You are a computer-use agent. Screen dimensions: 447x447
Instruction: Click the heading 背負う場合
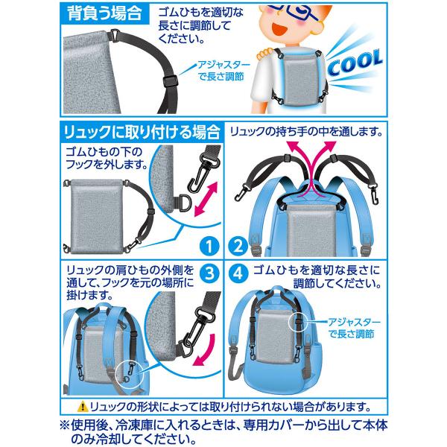tap(104, 13)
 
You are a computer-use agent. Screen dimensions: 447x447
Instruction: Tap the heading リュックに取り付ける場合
tap(142, 132)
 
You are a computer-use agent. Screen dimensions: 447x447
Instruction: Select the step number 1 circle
tap(209, 247)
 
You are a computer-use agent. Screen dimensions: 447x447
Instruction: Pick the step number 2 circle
tap(238, 247)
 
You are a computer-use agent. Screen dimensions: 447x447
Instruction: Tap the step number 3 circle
tap(209, 273)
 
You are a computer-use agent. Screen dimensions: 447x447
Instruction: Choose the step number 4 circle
tap(238, 273)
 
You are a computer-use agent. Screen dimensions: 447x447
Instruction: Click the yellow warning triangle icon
tap(83, 406)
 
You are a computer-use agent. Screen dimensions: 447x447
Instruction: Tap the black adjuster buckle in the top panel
tap(171, 81)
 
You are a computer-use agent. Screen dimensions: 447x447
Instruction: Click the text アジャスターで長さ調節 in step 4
tap(353, 328)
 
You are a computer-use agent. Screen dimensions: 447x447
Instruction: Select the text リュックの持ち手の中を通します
tap(305, 132)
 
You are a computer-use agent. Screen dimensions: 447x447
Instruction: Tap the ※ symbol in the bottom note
tap(66, 425)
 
